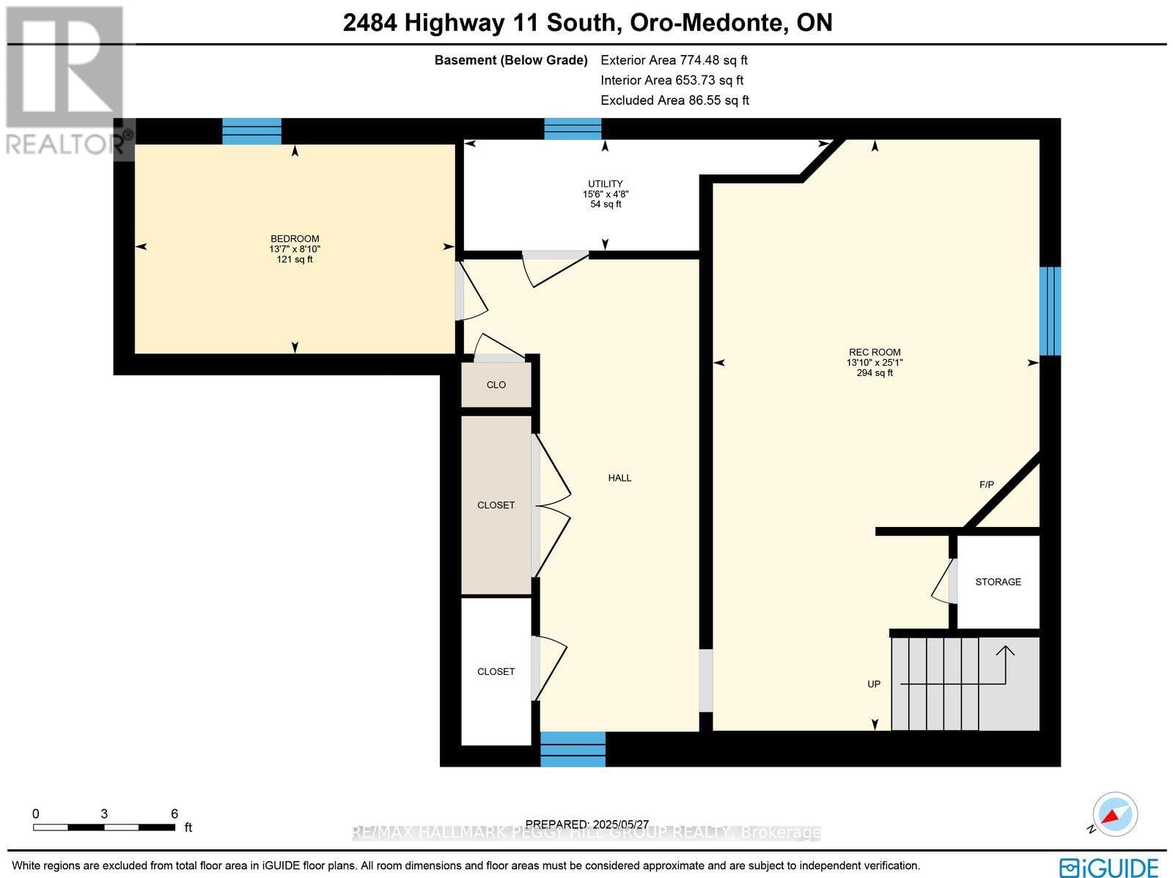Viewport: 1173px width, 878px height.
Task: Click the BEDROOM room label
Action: click(x=295, y=239)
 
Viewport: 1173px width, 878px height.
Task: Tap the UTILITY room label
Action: click(x=605, y=184)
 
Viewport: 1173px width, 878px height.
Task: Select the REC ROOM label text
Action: click(x=875, y=353)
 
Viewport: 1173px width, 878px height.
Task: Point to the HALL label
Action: click(x=619, y=478)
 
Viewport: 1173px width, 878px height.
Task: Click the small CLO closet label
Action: click(x=496, y=385)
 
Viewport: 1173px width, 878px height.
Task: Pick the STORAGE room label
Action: click(x=998, y=582)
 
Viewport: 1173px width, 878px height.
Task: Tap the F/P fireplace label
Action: click(x=986, y=485)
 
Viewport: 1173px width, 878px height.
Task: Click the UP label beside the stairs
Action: click(x=874, y=684)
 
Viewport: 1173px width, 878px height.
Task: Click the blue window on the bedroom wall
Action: click(x=251, y=131)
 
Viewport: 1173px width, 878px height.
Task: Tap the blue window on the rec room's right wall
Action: click(x=1050, y=311)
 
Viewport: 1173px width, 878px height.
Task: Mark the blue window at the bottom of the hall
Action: click(x=573, y=749)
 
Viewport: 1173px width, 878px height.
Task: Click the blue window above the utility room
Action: click(x=573, y=128)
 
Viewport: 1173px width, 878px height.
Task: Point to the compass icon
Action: click(x=1114, y=815)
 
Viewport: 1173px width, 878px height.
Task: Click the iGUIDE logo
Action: click(x=1109, y=867)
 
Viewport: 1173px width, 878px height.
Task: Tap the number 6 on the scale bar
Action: click(x=174, y=814)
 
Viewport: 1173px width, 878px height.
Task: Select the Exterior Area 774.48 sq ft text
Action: click(x=674, y=60)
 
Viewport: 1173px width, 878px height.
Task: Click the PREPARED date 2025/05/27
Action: click(x=586, y=824)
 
